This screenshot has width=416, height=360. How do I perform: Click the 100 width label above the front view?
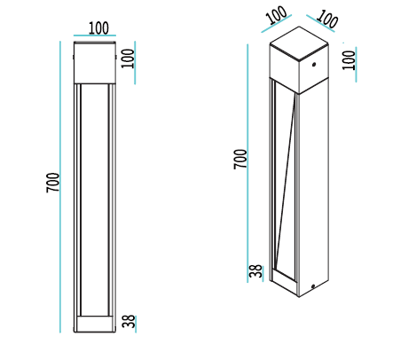click(x=98, y=28)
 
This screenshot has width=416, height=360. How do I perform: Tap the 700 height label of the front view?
click(x=53, y=183)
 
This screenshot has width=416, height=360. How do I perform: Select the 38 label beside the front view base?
click(x=129, y=321)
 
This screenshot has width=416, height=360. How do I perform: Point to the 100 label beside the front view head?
click(x=128, y=59)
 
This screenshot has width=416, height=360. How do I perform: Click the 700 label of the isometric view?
click(x=240, y=160)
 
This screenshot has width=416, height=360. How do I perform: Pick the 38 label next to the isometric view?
click(x=255, y=271)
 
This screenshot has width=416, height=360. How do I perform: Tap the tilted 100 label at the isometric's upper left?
click(x=277, y=15)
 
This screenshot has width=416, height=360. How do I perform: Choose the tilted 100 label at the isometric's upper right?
click(x=326, y=20)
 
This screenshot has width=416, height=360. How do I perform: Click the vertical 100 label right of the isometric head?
click(x=349, y=60)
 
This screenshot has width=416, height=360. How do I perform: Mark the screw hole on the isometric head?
click(x=314, y=64)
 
